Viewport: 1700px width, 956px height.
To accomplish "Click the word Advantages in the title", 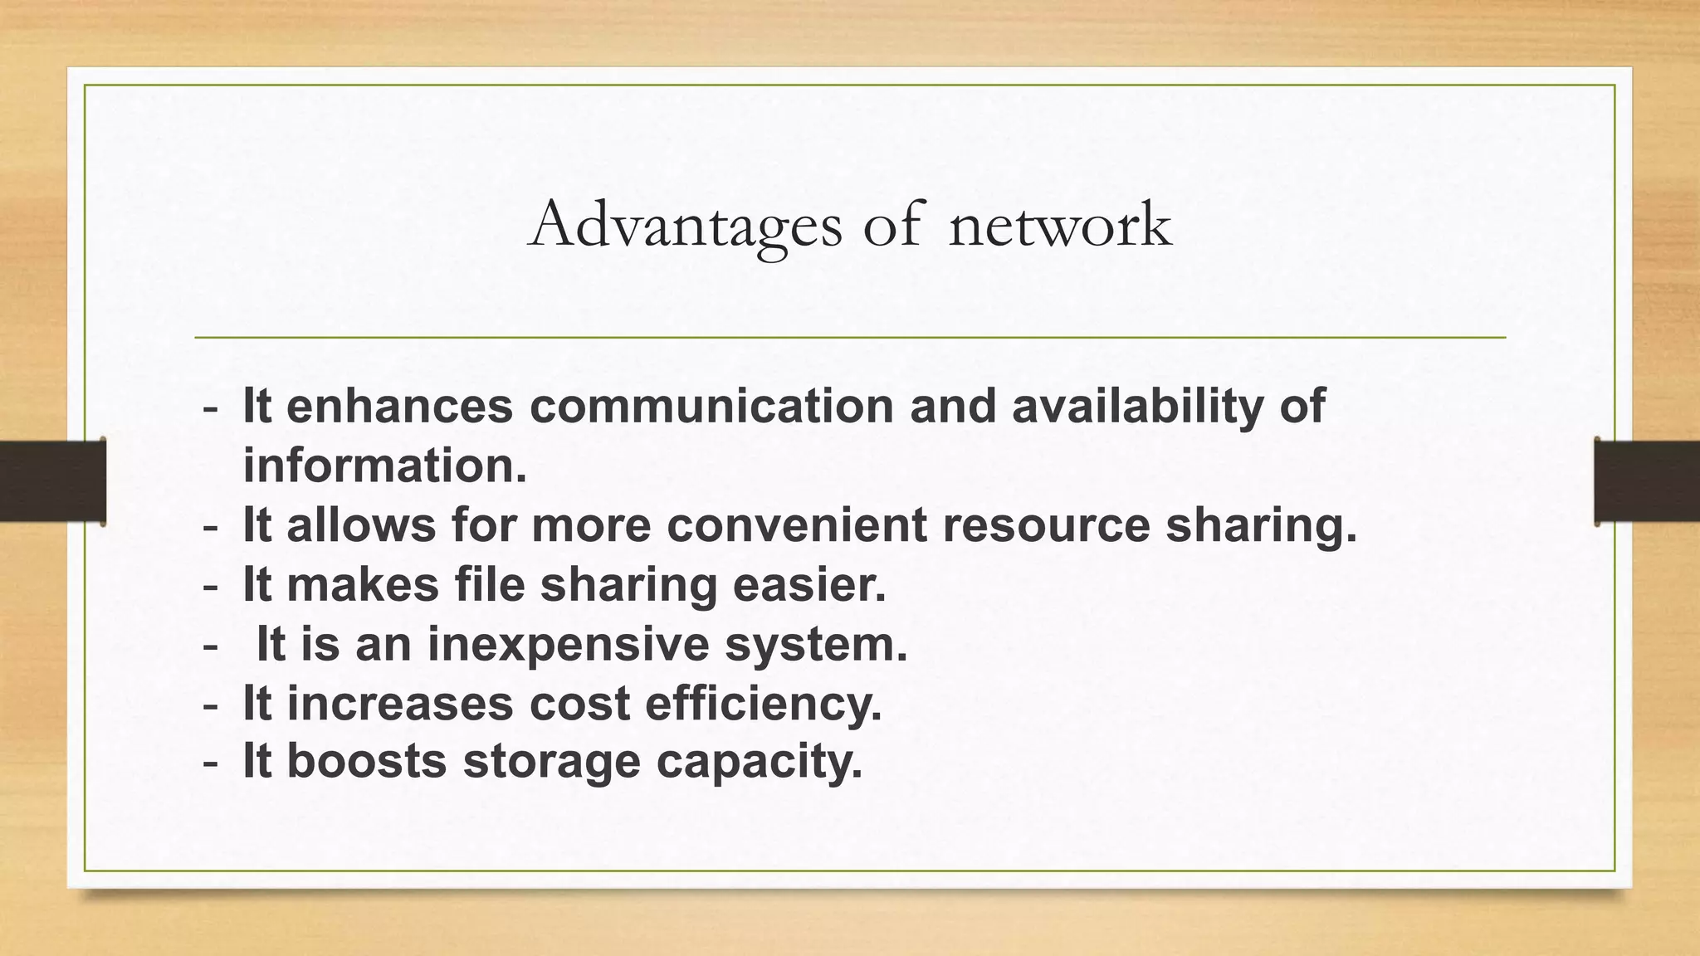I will tap(684, 226).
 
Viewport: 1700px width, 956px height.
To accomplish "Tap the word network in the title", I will tap(1060, 226).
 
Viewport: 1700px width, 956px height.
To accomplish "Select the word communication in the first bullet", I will tap(711, 407).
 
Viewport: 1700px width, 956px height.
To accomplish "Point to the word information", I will tap(384, 466).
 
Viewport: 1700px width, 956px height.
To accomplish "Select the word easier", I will tap(809, 584).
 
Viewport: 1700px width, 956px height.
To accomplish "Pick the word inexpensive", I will tap(568, 644).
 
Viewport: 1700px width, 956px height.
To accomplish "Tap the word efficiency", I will tap(763, 705).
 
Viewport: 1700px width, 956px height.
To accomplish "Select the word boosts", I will tap(367, 761).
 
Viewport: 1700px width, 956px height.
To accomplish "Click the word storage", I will tap(551, 763).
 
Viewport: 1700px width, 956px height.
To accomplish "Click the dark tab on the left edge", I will tap(52, 481).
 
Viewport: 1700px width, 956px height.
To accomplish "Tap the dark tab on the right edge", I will tap(1647, 481).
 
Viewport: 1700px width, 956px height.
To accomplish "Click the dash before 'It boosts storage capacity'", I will tap(211, 762).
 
